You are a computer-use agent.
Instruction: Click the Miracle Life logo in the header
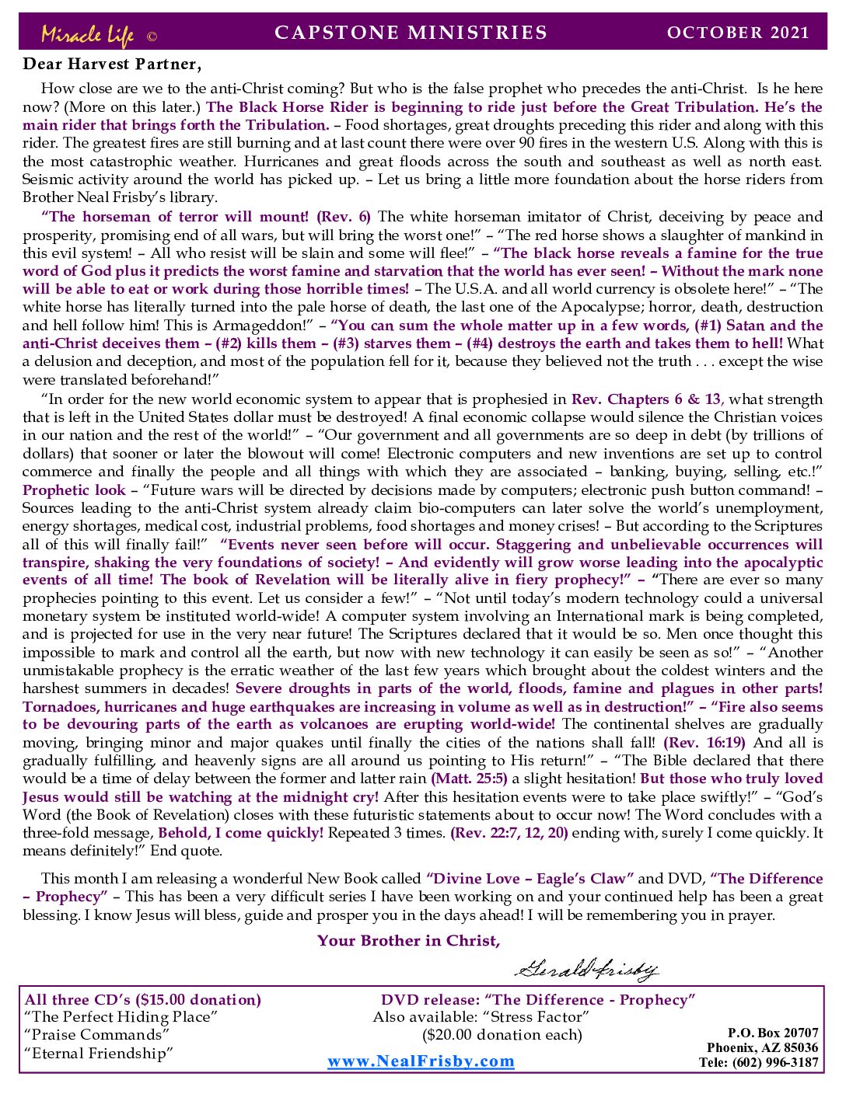[x=88, y=34]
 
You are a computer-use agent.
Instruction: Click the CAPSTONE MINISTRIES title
[x=411, y=33]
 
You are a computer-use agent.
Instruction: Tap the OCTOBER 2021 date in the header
[x=738, y=33]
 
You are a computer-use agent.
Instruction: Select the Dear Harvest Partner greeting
[x=112, y=64]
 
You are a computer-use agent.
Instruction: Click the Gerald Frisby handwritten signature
[x=586, y=968]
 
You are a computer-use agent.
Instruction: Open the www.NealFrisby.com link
[x=421, y=1061]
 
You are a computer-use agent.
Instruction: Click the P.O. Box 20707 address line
[x=773, y=1033]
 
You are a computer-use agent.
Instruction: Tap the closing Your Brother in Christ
[x=409, y=940]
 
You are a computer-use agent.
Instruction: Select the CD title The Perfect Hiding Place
[x=121, y=1017]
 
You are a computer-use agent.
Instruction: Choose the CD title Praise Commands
[x=96, y=1035]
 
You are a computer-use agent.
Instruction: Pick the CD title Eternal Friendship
[x=98, y=1054]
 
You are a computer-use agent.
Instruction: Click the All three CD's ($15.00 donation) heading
[x=143, y=1000]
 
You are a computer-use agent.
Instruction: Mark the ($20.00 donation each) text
[x=502, y=1035]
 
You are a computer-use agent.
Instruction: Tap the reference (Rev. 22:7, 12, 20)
[x=509, y=833]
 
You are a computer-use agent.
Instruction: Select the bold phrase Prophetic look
[x=74, y=490]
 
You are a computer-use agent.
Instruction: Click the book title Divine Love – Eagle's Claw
[x=530, y=879]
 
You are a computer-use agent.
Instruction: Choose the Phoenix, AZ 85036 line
[x=762, y=1047]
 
